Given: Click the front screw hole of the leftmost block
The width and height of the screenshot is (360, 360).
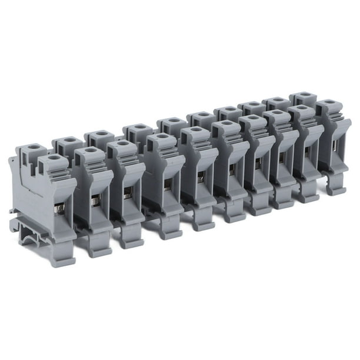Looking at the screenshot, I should [x=54, y=158].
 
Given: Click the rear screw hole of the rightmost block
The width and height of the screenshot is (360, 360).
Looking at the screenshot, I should [x=301, y=95].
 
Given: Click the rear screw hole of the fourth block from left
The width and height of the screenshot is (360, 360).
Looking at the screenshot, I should [x=138, y=126].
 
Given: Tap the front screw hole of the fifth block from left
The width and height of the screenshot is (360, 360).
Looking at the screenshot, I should [x=192, y=130].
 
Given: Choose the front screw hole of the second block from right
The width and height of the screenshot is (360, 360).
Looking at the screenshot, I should [x=302, y=109].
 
